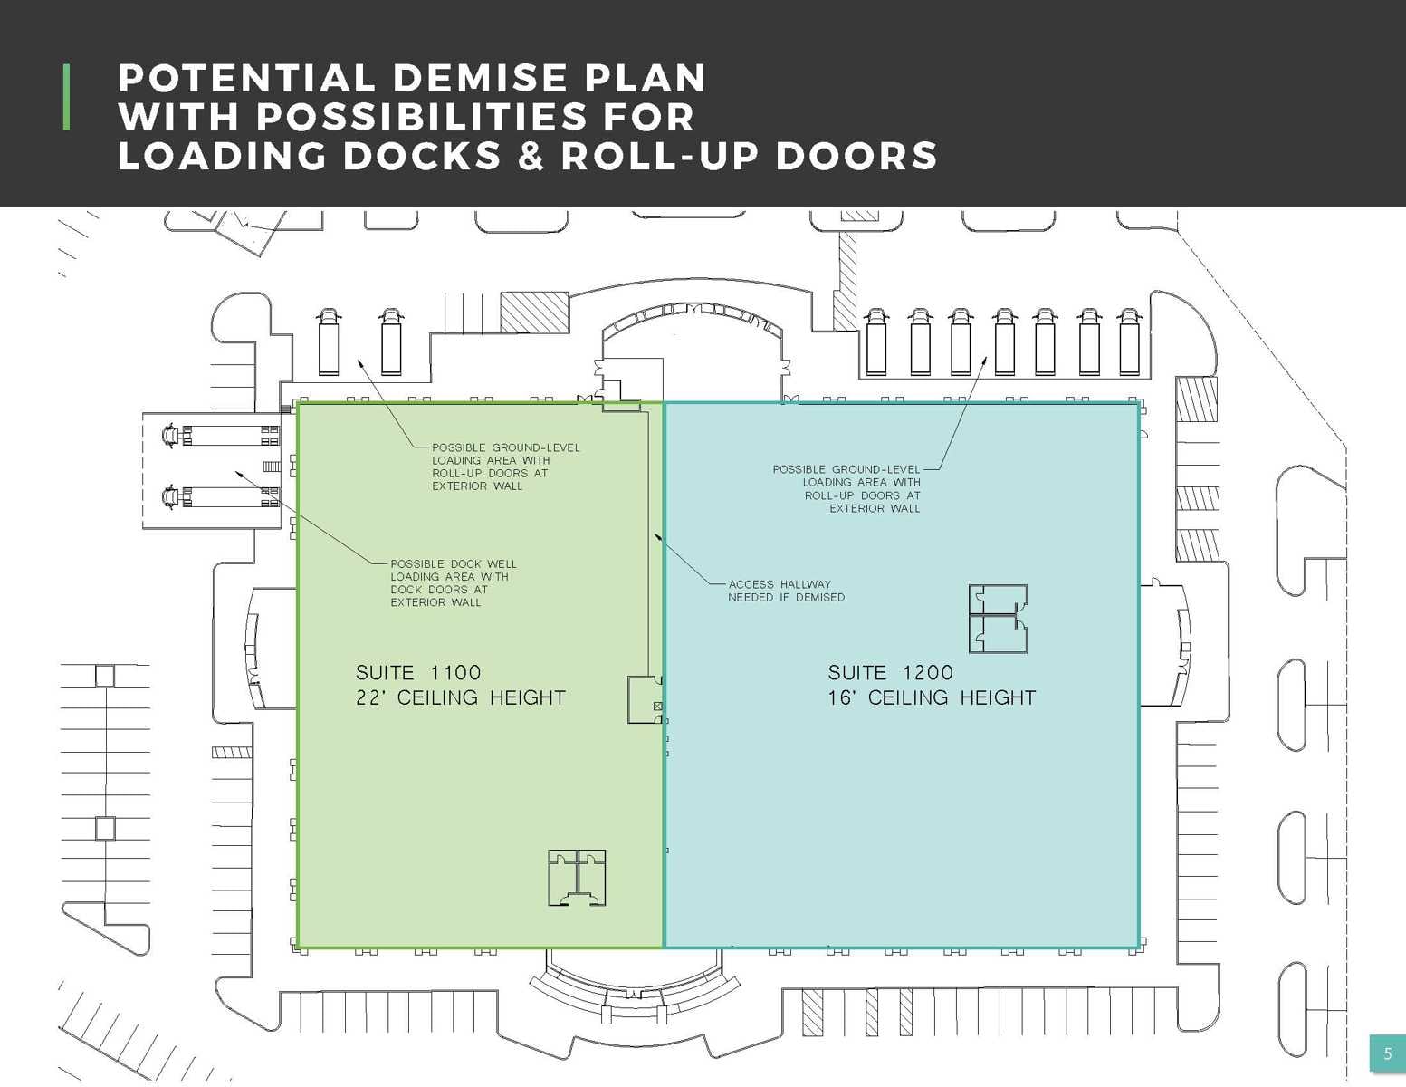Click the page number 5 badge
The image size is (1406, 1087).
pos(1387,1053)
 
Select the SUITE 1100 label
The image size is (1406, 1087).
pos(418,673)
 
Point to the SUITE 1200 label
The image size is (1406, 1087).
pos(890,673)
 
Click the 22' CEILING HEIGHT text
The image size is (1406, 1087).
pos(460,698)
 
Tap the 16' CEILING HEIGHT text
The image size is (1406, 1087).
pos(932,698)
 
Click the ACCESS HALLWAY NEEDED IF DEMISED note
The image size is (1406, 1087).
pos(786,591)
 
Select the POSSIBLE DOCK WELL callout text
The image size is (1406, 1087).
pos(453,582)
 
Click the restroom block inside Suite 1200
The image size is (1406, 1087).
pos(998,619)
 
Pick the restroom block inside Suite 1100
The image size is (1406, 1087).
pos(577,877)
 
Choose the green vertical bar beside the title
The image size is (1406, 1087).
pos(66,97)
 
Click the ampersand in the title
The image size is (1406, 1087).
pos(531,156)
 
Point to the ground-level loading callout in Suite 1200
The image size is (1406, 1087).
pos(846,489)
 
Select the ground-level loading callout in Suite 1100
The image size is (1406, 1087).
pos(505,467)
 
